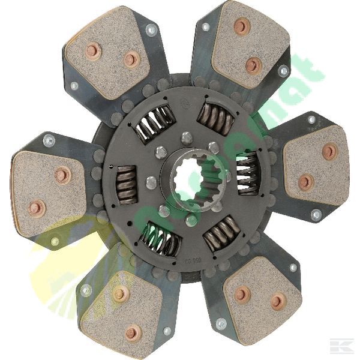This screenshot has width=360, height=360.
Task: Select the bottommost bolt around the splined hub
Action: click(191, 220)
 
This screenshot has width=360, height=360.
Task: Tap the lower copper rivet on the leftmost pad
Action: click(35, 208)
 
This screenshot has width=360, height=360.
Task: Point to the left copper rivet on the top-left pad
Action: click(92, 50)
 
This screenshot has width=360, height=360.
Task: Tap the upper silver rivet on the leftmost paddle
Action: click(49, 142)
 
